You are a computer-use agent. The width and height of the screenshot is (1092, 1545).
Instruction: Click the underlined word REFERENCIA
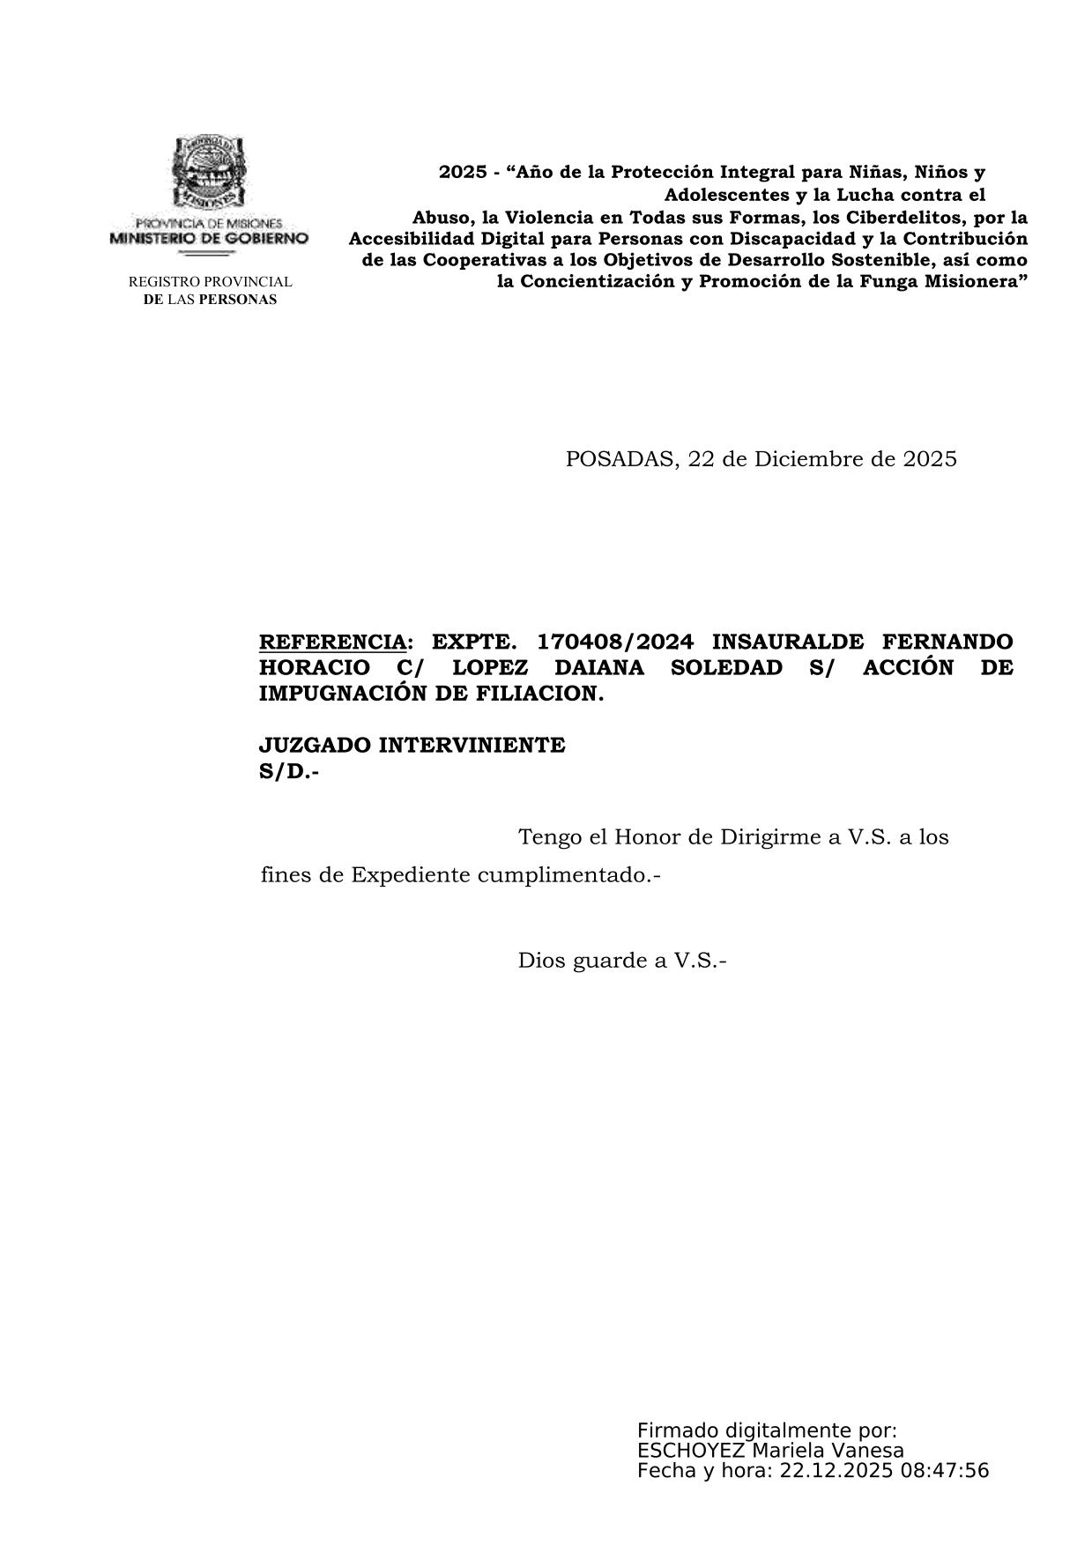pos(333,642)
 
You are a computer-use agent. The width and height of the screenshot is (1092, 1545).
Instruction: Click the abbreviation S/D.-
pos(289,771)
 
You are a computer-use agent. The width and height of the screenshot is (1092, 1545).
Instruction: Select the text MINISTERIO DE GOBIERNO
pos(209,239)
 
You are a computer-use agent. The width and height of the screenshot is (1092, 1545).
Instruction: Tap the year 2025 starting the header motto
pos(463,173)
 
